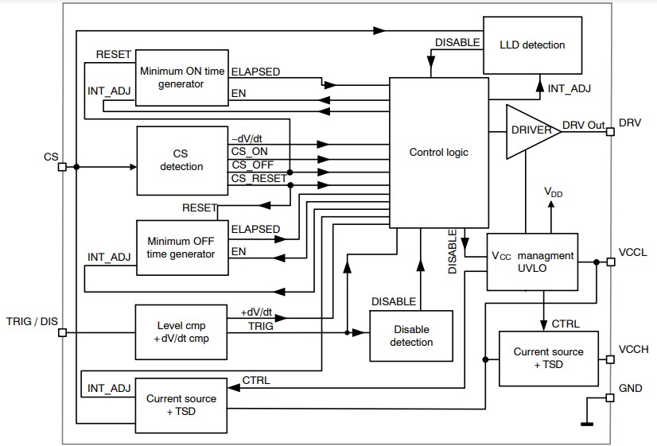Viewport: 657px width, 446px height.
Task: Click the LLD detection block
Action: click(x=532, y=45)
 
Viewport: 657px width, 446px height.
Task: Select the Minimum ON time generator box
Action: click(x=181, y=76)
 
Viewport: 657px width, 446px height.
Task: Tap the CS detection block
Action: click(x=181, y=160)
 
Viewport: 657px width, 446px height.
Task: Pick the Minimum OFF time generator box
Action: click(x=181, y=247)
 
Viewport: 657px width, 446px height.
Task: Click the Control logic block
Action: click(x=438, y=152)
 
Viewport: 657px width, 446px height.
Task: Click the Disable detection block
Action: click(x=412, y=335)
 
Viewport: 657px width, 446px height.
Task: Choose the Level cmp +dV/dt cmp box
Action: click(x=181, y=328)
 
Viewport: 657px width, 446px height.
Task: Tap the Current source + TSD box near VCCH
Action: click(x=548, y=357)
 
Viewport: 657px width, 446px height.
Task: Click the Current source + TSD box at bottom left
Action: click(x=181, y=405)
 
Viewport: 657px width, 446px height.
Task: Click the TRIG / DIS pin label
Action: click(x=32, y=322)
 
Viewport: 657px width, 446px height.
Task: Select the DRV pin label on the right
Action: click(x=630, y=125)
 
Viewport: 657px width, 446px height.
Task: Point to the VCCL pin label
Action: click(x=633, y=252)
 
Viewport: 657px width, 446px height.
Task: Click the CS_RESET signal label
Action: click(x=259, y=178)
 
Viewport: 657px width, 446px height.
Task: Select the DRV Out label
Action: click(x=584, y=125)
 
